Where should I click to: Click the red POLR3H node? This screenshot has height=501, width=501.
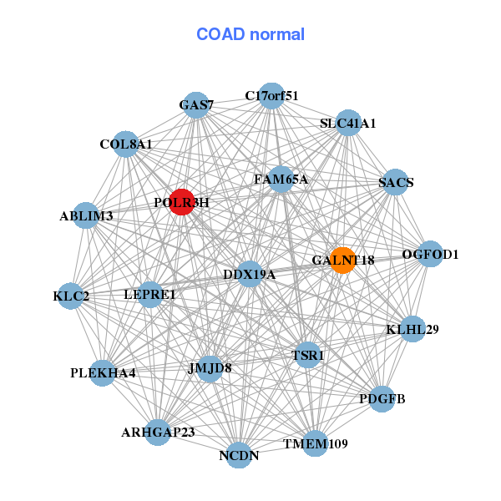pos(181,201)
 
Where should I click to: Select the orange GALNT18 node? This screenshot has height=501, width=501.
pos(342,260)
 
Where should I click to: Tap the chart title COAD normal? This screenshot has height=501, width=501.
pos(250,34)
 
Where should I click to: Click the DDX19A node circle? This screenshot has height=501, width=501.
pos(250,274)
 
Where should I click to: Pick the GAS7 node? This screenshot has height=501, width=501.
pos(196,105)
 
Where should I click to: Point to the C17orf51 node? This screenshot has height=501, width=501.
pos(271,95)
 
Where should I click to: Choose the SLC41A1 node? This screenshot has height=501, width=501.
pos(348,123)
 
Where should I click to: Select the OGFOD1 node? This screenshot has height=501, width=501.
pos(429,254)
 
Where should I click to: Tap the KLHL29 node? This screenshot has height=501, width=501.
pos(412,329)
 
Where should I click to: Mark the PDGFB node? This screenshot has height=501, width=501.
pos(382,398)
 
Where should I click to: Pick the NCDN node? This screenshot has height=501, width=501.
pos(239,455)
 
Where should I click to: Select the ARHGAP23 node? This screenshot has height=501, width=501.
pos(158,432)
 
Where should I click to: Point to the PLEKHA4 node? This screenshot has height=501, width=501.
pos(103,372)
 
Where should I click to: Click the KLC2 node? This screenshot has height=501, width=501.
pos(71,296)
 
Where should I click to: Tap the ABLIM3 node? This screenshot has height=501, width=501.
pos(86,216)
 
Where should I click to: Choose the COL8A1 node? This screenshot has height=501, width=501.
pos(125,144)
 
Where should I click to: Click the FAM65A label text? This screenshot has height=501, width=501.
pos(281,180)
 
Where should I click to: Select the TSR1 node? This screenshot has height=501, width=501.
pos(307,355)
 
